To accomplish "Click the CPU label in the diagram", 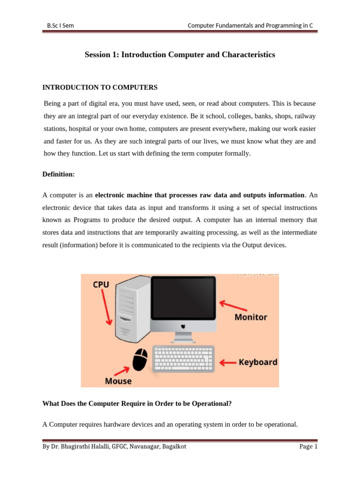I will click(101, 285).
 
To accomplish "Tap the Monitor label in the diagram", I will click(251, 317).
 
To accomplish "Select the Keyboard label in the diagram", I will click(258, 362).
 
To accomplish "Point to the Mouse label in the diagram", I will click(118, 381).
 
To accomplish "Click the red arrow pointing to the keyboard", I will click(228, 362).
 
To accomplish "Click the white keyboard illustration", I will click(184, 359).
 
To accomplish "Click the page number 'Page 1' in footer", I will click(308, 447).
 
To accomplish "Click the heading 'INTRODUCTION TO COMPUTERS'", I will click(100, 87).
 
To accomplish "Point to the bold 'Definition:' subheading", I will click(58, 174).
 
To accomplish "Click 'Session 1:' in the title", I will click(102, 55).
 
